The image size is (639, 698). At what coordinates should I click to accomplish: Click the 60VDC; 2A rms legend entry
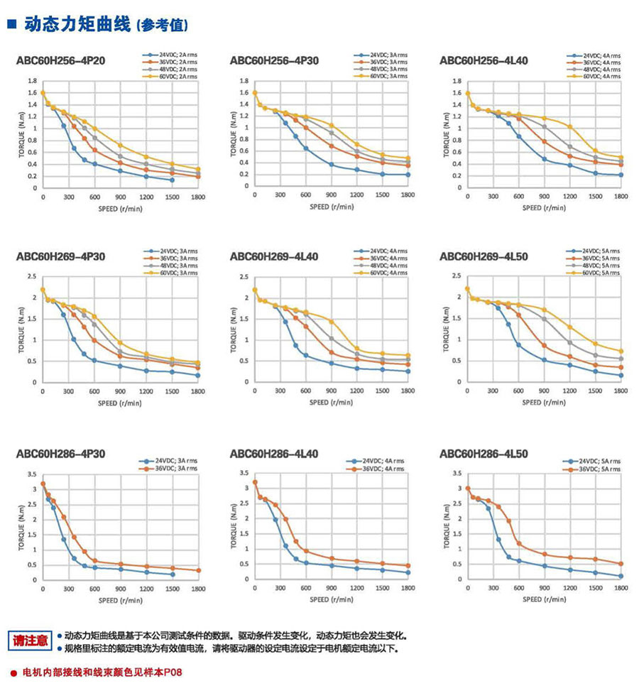pyautogui.click(x=178, y=76)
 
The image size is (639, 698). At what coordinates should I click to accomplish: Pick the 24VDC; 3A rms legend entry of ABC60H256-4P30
pyautogui.click(x=388, y=55)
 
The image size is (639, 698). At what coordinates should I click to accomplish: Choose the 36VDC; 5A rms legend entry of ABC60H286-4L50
pyautogui.click(x=601, y=469)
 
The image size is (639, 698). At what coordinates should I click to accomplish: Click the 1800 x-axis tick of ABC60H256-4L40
pyautogui.click(x=620, y=196)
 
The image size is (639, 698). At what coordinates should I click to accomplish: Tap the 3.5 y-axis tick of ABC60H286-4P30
pyautogui.click(x=31, y=474)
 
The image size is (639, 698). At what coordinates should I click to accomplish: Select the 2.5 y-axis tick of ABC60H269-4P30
pyautogui.click(x=31, y=276)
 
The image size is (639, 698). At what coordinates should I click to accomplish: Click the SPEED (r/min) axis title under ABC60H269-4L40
pyautogui.click(x=330, y=403)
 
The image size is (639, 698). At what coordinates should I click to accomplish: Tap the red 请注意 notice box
pyautogui.click(x=31, y=639)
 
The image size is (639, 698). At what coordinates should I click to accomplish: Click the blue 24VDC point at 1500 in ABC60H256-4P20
pyautogui.click(x=172, y=180)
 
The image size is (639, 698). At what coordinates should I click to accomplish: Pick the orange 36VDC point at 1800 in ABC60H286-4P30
pyautogui.click(x=197, y=570)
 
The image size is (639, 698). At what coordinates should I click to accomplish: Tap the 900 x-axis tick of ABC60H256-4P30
pyautogui.click(x=330, y=196)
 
